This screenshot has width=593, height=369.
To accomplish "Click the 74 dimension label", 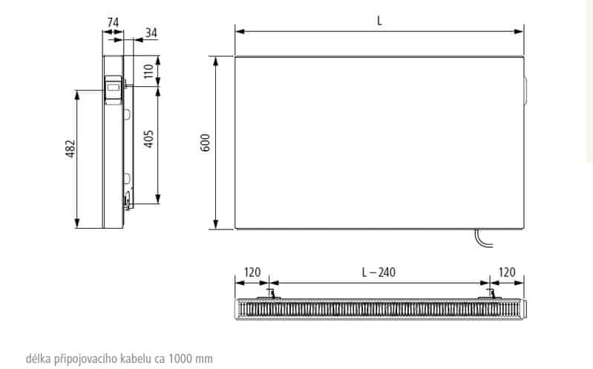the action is tap(113, 23).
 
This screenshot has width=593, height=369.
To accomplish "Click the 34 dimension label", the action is tap(151, 33).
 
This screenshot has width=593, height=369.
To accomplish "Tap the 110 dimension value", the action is tap(148, 71).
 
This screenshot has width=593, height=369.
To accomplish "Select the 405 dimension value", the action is tap(148, 139).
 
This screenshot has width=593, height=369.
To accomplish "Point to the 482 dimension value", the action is tap(71, 148).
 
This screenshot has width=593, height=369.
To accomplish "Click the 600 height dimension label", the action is tap(205, 143).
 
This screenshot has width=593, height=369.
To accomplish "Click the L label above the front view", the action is tap(379, 21).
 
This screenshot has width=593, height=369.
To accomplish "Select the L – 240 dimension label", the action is tap(379, 272).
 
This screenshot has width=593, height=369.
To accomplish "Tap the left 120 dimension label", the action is tap(252, 272).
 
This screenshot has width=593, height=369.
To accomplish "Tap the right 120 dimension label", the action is tap(507, 272).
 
